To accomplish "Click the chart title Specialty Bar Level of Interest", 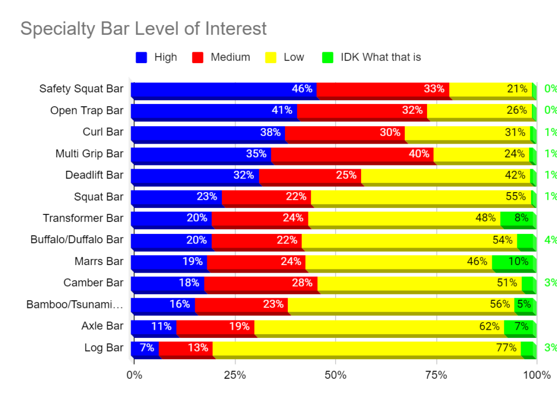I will click(144, 28).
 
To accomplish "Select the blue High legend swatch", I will click(141, 57).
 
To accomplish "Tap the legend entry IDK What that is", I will click(381, 57).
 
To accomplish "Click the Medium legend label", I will click(230, 57).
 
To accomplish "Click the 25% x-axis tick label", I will click(235, 375).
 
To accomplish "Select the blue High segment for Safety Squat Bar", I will click(223, 90).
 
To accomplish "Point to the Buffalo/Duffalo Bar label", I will click(77, 240).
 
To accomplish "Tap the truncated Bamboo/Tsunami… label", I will click(75, 305).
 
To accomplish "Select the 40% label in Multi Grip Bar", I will click(419, 154).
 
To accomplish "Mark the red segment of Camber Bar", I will click(261, 283).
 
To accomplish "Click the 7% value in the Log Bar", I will click(147, 348).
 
